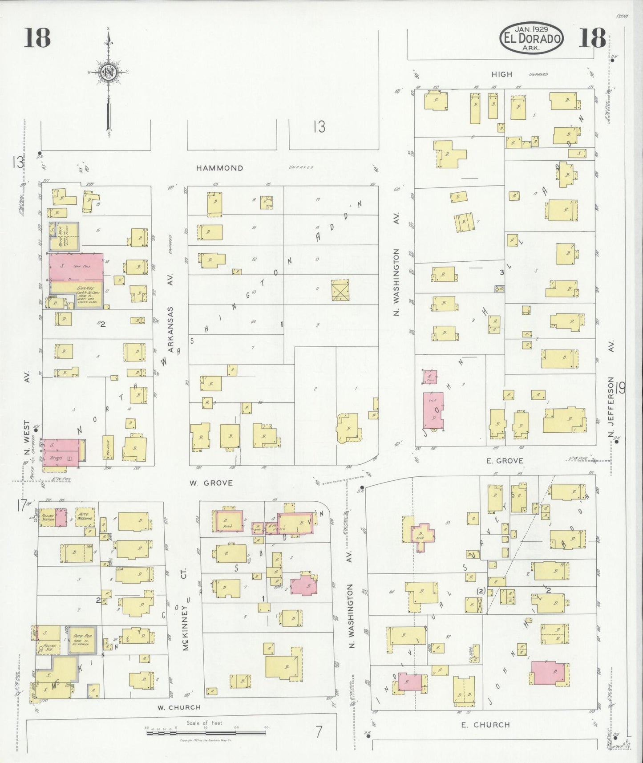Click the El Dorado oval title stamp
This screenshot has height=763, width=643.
coord(531,39)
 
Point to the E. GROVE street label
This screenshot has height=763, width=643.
coord(505,461)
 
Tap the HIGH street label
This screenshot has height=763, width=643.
coord(502,74)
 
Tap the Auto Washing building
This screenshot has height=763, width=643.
coord(85,516)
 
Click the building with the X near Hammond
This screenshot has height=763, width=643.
coord(340,290)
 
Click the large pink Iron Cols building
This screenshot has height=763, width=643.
coord(76,267)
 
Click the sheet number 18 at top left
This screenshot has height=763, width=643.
coord(37,37)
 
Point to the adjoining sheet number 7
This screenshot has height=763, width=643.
coord(319,732)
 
